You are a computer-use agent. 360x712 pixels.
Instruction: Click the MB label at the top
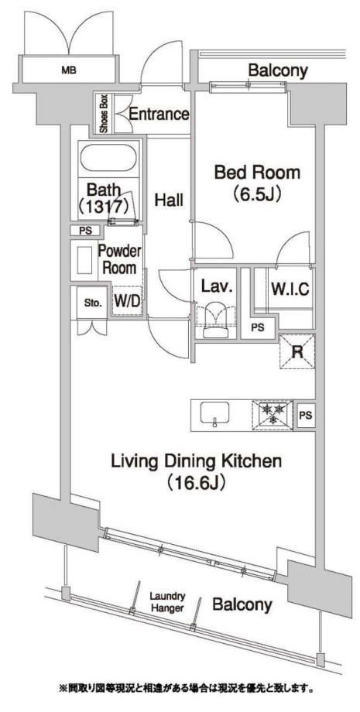pos(69,70)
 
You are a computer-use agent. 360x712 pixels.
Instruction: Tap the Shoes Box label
pos(104,114)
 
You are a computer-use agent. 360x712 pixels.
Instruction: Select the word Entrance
pos(159,114)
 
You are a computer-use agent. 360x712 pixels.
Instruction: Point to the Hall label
pos(169,200)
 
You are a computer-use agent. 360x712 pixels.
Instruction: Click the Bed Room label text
pos(257,173)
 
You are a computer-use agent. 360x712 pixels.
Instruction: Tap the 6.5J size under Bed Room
pos(258,194)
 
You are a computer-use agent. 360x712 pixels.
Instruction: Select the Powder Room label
pos(120,259)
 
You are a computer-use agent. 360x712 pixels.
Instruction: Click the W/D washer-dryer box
pos(127,300)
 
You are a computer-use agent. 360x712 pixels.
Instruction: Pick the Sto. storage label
pos(93,303)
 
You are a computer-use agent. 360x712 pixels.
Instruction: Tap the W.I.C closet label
pos(290,288)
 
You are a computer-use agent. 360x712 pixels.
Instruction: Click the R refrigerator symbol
pos(297,351)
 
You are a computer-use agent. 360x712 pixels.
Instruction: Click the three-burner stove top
pos(273,414)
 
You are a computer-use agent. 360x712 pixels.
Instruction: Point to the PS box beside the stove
pos(306,415)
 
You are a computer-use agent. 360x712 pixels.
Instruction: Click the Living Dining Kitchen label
pos(197,461)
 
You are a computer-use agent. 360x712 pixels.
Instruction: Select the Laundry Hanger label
pos(167,602)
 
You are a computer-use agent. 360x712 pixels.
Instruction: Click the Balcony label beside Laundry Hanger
pos(242,605)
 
